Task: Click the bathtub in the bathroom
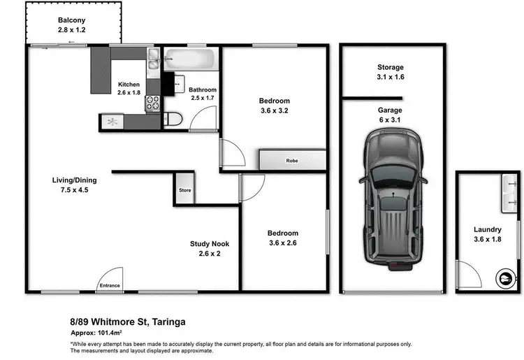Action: (x=189, y=59)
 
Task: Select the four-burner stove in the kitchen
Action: (x=153, y=103)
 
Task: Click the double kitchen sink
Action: (x=154, y=59)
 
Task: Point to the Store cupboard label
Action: (x=185, y=190)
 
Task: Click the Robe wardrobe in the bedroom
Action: (x=293, y=160)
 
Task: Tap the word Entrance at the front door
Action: (x=110, y=285)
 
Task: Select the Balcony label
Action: (x=71, y=20)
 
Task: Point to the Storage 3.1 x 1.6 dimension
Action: (x=391, y=77)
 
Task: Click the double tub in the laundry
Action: (x=509, y=193)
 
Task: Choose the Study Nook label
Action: (x=210, y=244)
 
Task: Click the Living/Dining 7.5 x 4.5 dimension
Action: (x=74, y=190)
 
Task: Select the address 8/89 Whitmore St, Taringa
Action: (x=128, y=322)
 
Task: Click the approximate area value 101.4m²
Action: (x=110, y=333)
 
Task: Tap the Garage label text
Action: (x=390, y=110)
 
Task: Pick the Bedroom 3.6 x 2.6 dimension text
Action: (x=283, y=243)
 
